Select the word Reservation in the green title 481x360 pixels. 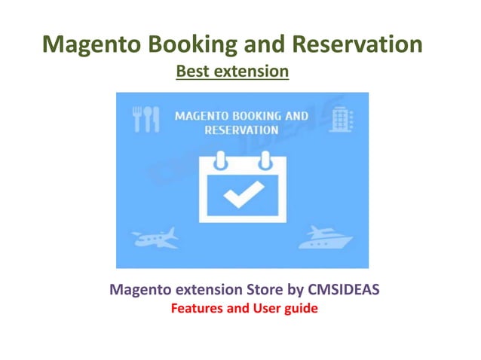(x=364, y=44)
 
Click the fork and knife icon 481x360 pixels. (x=146, y=119)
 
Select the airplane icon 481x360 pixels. (x=155, y=238)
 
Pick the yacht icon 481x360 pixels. (x=326, y=238)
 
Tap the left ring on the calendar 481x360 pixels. (x=220, y=161)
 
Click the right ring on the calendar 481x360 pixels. (x=264, y=161)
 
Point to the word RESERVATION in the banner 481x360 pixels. (x=242, y=130)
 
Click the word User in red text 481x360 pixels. (x=257, y=308)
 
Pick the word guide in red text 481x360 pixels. (x=292, y=308)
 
